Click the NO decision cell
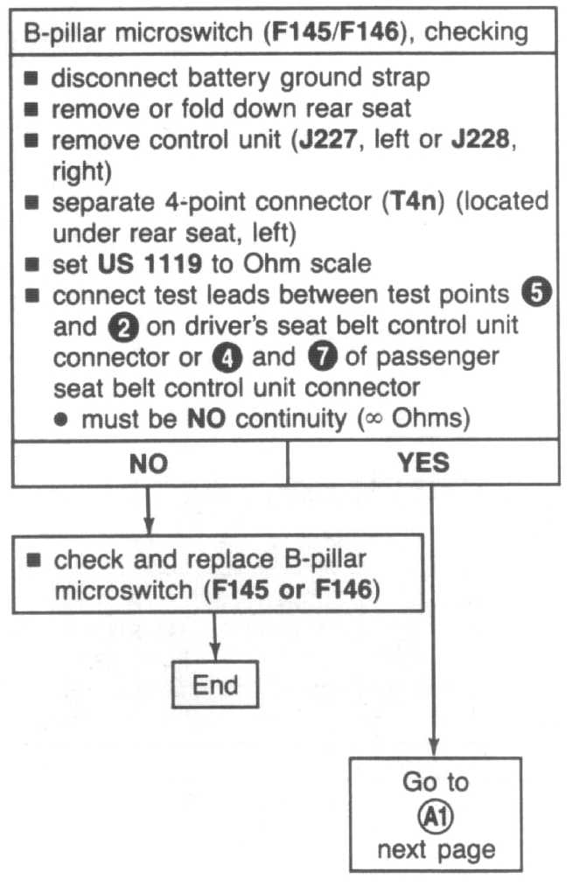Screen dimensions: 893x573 pos(149,463)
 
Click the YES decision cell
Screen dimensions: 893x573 pos(423,463)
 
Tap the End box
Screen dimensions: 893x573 pos(216,683)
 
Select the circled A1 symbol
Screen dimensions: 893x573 pos(436,815)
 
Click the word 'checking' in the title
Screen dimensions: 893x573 pos(477,32)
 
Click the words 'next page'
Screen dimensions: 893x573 pos(436,848)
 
